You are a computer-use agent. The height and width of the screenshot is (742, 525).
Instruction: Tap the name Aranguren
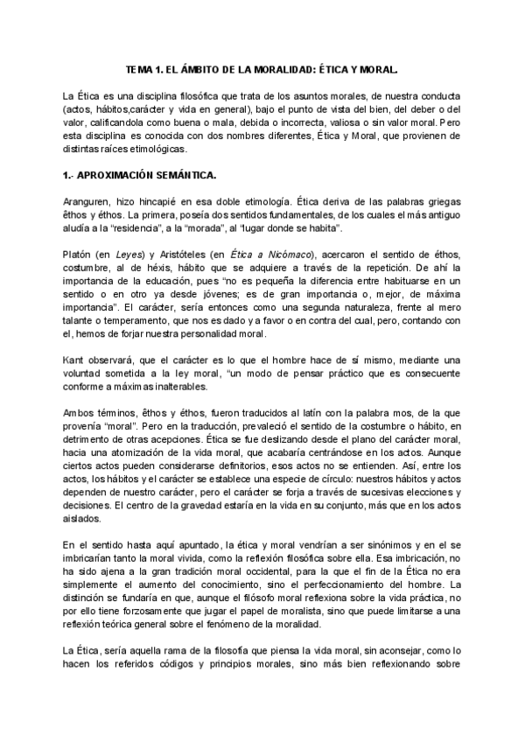(x=88, y=200)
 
